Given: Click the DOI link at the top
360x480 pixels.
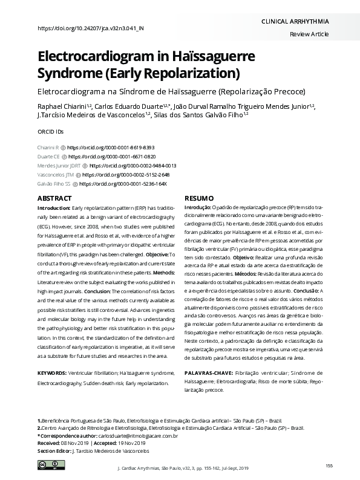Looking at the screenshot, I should click(x=91, y=28).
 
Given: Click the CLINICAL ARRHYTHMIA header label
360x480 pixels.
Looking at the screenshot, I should click(x=295, y=21).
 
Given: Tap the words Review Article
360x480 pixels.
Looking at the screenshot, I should click(x=310, y=35).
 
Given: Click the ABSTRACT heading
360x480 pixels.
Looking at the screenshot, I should click(x=54, y=198).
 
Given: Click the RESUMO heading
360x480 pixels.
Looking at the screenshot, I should click(x=199, y=198).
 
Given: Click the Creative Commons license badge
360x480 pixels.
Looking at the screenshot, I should click(x=47, y=464).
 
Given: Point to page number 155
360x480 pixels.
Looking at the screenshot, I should click(x=329, y=464).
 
